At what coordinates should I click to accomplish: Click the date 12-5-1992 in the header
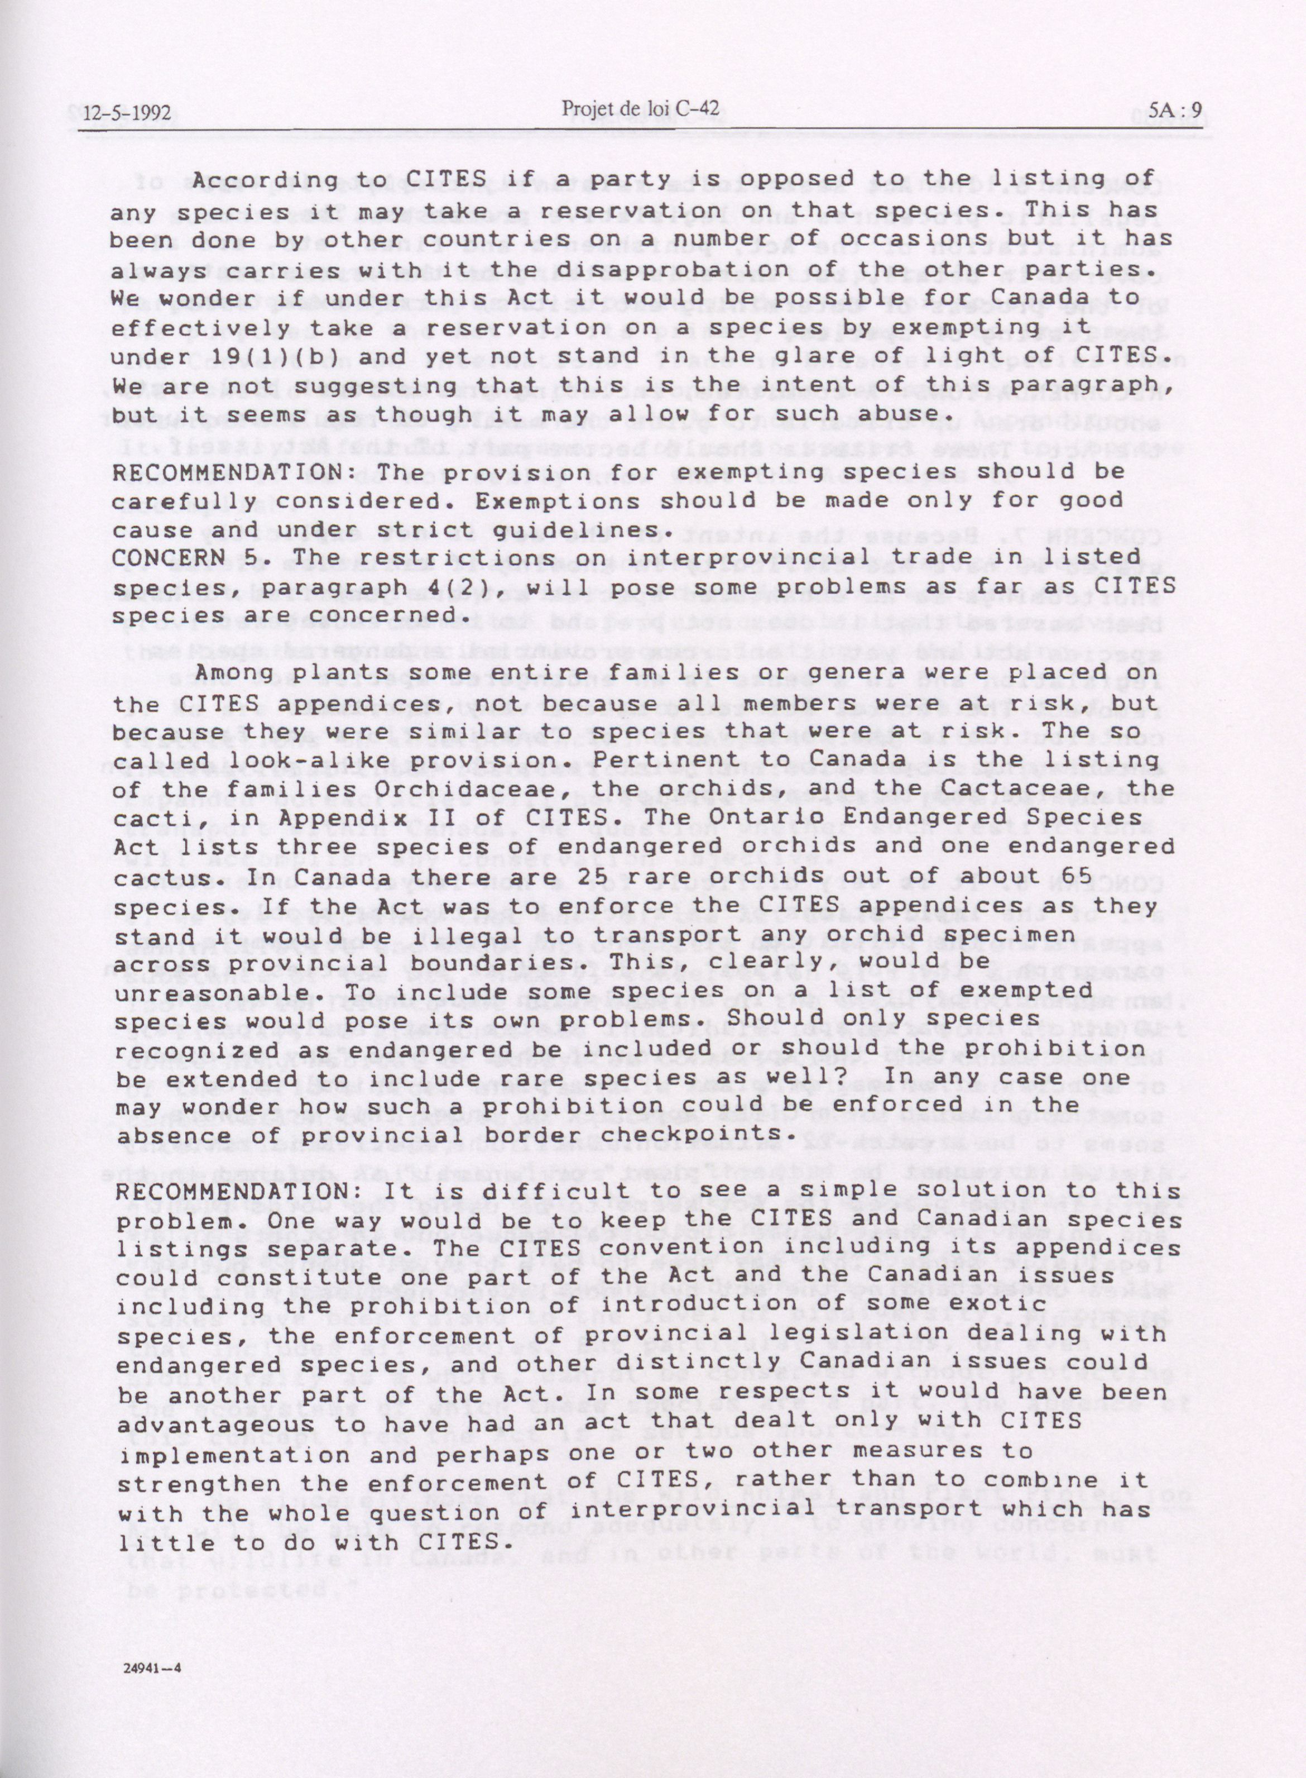click(118, 113)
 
